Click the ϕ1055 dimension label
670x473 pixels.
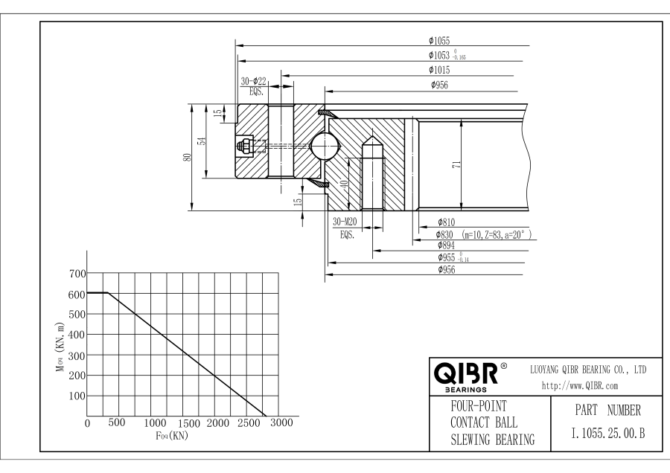tap(439, 41)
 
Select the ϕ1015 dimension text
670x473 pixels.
tap(439, 70)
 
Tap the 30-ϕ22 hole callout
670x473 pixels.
tap(253, 81)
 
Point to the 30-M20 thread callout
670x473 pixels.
tap(345, 222)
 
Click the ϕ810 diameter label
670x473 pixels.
tap(446, 222)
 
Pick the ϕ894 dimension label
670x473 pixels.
tap(446, 245)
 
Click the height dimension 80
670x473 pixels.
tap(187, 158)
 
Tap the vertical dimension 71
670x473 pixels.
tap(456, 164)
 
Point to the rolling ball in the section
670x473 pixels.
tap(325, 146)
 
